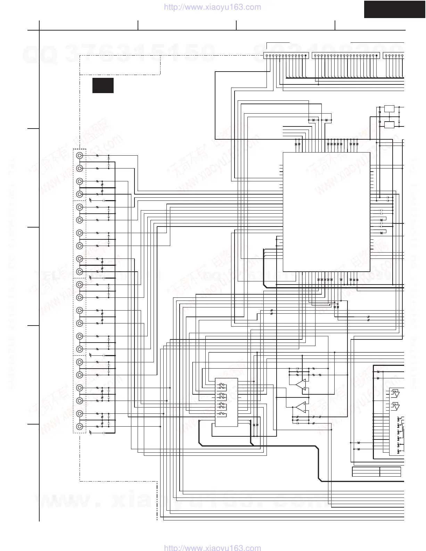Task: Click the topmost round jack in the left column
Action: [80, 156]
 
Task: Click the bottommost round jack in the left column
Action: [80, 426]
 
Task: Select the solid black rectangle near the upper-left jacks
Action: [103, 85]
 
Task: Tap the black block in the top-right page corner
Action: [395, 9]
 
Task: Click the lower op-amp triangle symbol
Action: [301, 406]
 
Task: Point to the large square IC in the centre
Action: [326, 212]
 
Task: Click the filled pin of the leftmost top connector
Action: [306, 55]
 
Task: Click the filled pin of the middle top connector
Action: [377, 55]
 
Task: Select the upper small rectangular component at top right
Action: [389, 108]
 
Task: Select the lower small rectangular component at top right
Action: [389, 125]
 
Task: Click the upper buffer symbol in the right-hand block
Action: [395, 394]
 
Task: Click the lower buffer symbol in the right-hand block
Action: [395, 406]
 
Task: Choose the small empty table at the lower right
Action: [376, 472]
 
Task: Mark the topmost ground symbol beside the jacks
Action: [91, 200]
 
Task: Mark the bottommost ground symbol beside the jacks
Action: [91, 433]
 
